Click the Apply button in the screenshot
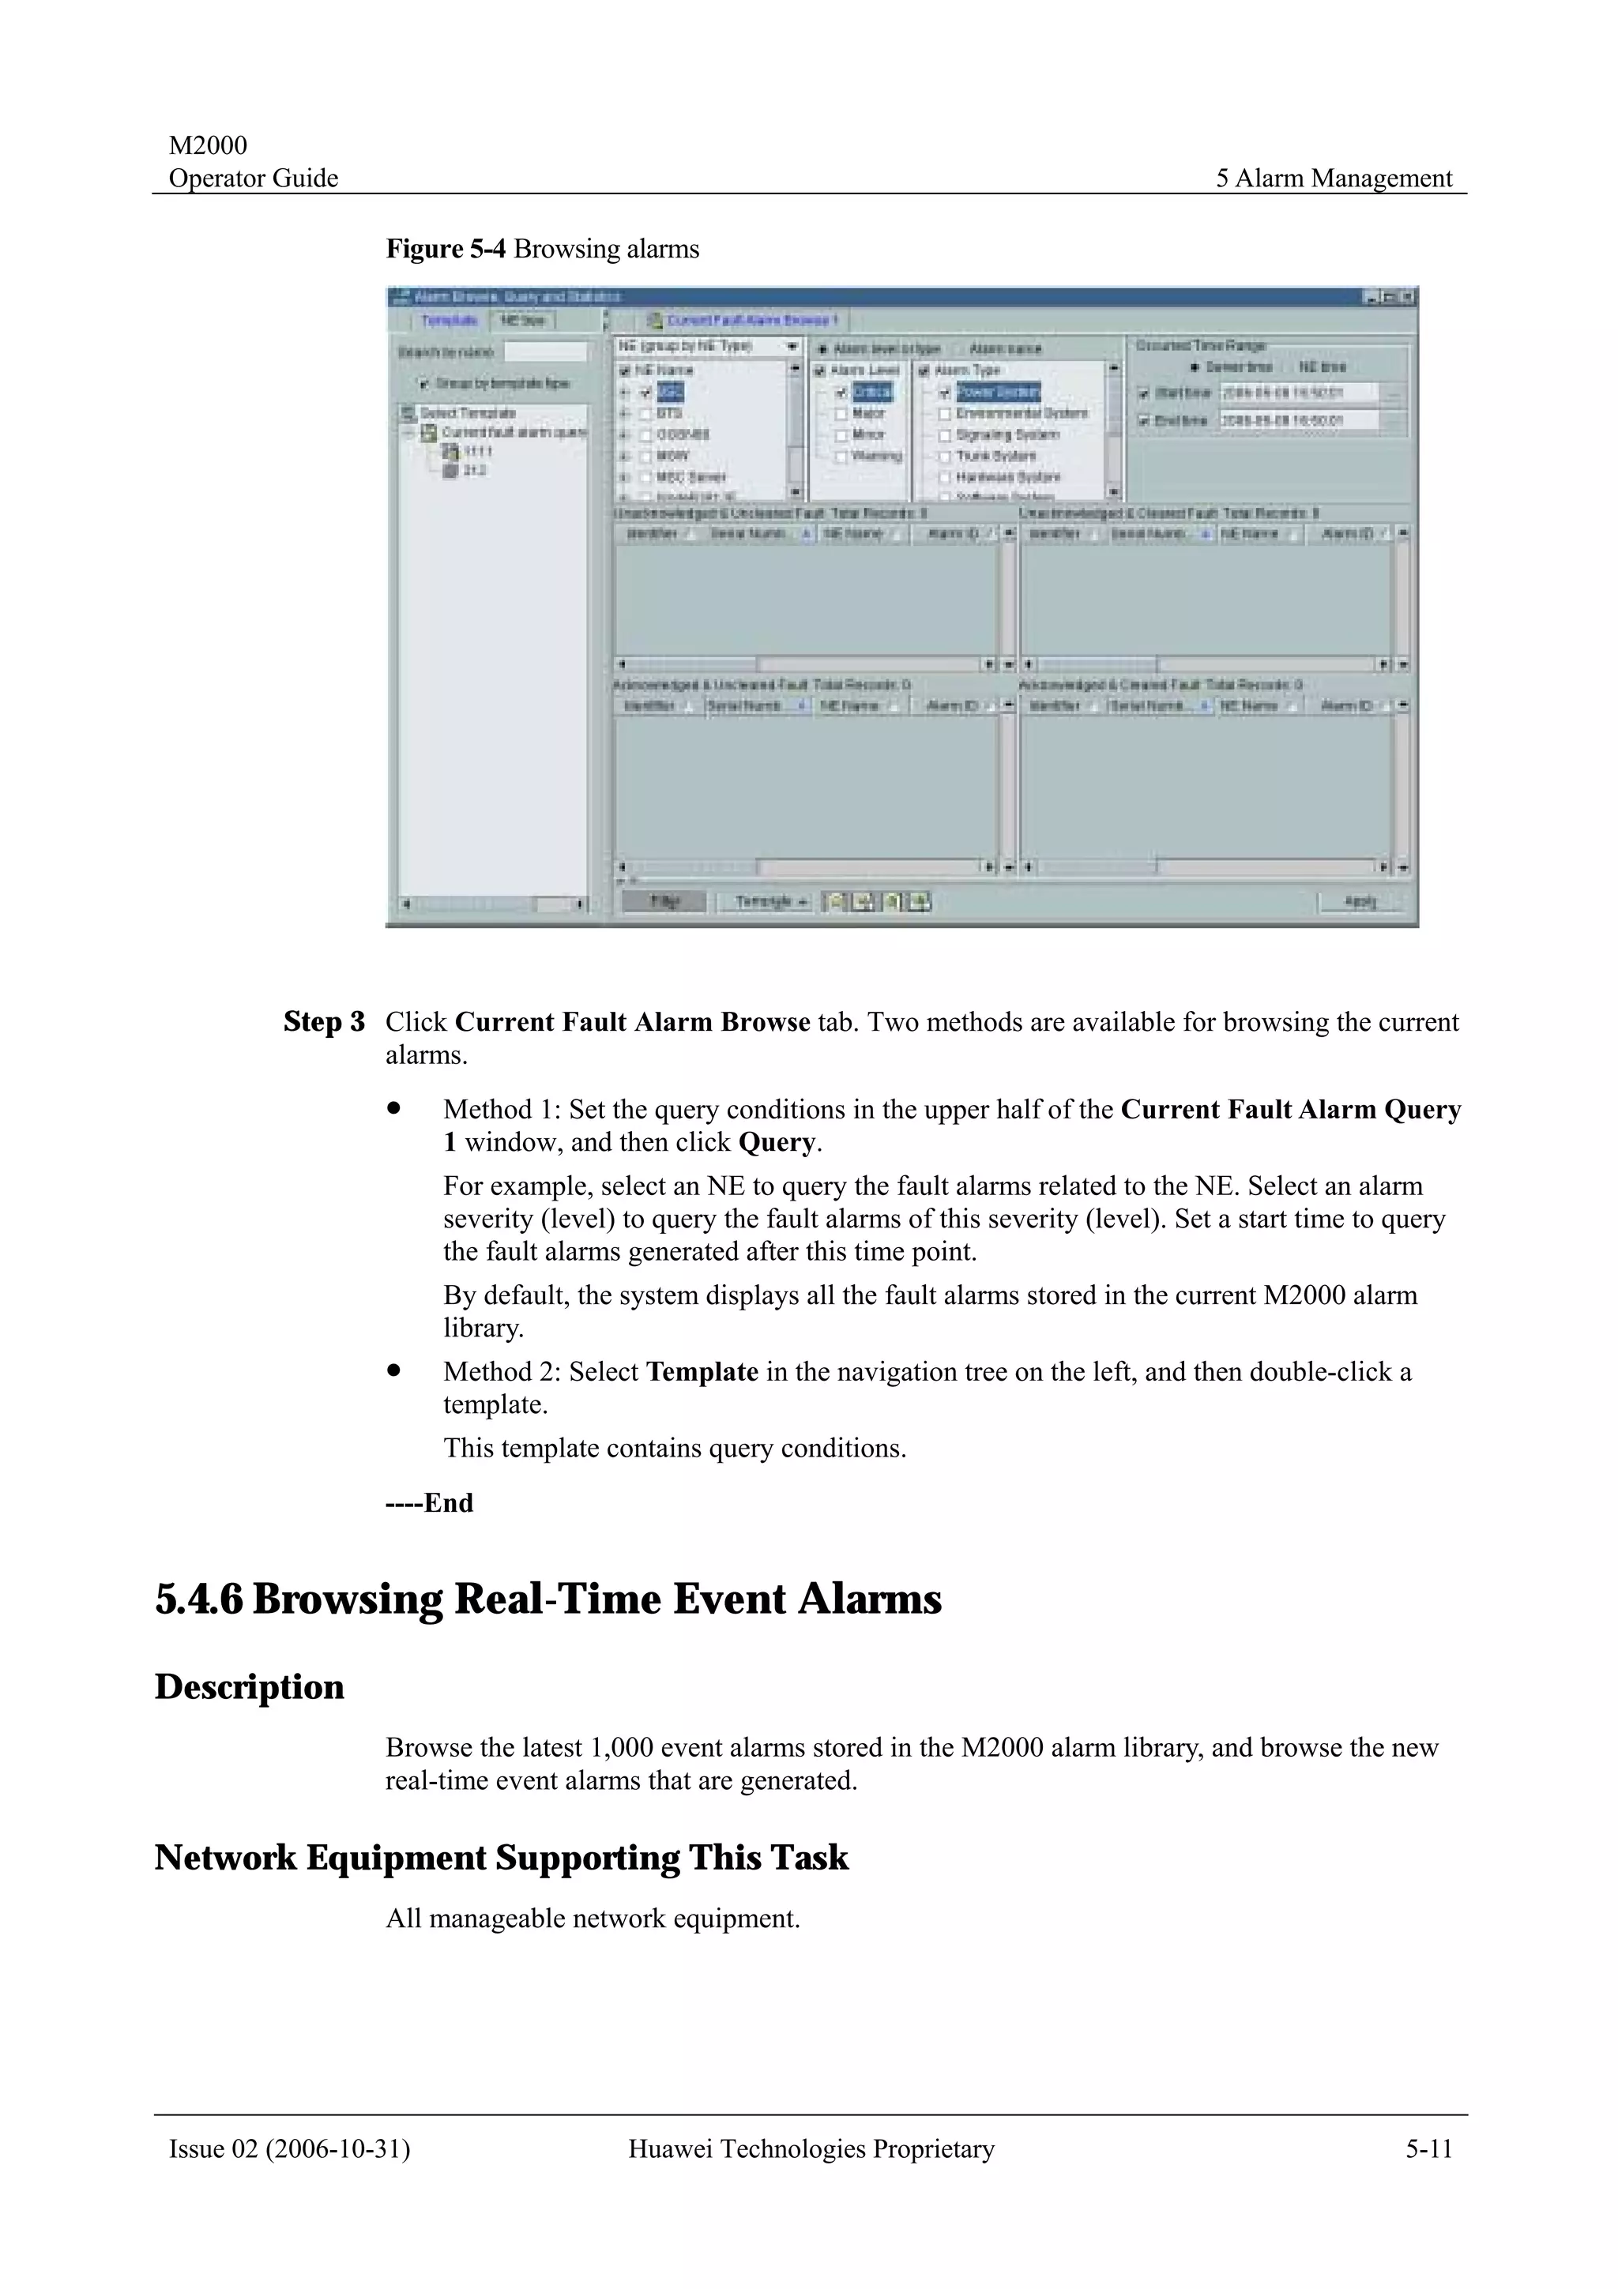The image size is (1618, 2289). point(1360,901)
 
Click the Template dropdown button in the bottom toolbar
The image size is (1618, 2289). point(770,901)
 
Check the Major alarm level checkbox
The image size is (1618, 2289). point(841,413)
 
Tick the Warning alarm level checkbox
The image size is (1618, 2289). point(841,456)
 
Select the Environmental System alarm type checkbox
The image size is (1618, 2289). point(944,413)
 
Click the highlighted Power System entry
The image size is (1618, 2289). point(997,392)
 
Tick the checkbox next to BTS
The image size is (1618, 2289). point(645,413)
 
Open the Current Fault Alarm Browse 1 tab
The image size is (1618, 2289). point(751,321)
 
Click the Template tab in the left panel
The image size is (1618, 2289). point(449,321)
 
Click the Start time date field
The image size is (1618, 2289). point(1298,393)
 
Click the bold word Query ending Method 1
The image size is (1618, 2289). point(776,1142)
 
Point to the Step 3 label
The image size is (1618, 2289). point(324,1022)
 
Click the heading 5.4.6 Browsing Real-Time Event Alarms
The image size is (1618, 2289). point(548,1599)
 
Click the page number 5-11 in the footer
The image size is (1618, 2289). point(1428,2149)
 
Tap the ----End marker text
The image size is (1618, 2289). point(429,1502)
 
